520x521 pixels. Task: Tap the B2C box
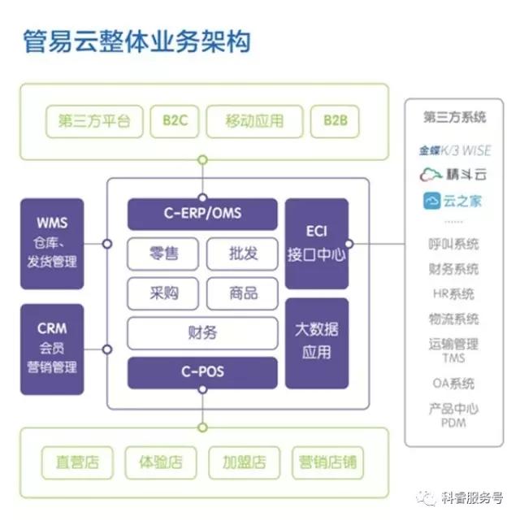pos(175,121)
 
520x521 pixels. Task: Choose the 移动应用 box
pos(255,121)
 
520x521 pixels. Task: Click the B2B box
pos(335,121)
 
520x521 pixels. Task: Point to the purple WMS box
pos(52,242)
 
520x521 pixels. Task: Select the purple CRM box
pos(52,348)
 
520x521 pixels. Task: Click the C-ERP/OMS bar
pos(202,215)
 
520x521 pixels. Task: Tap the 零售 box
pos(163,254)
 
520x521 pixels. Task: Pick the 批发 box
pos(243,254)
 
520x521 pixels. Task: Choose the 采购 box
pos(163,293)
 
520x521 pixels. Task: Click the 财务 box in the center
pos(202,332)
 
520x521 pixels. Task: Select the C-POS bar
pos(202,373)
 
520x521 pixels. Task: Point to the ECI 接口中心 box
pos(317,243)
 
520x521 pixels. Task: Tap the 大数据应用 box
pos(317,341)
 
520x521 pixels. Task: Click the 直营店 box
pos(78,462)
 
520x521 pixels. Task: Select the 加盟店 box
pos(244,462)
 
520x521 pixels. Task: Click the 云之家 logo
pos(453,201)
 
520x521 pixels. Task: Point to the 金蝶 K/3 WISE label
pos(455,150)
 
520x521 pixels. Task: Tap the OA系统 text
pos(453,383)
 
